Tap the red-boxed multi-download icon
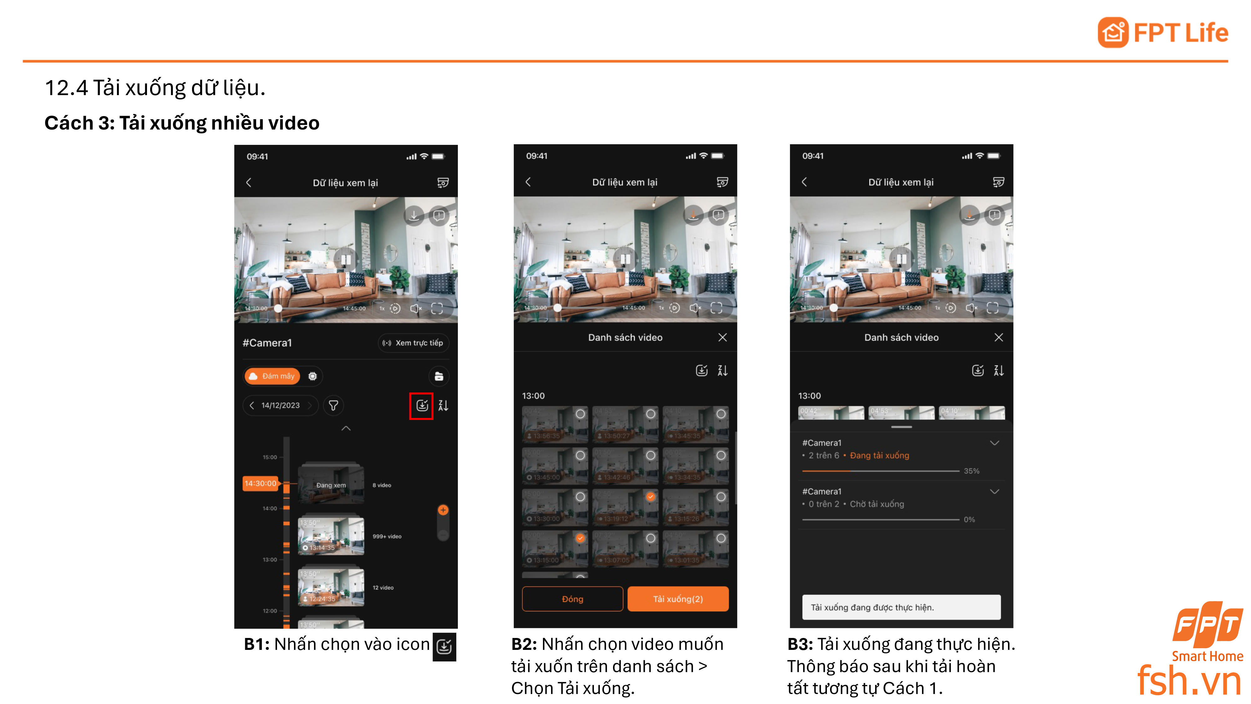[422, 405]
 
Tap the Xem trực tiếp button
[413, 343]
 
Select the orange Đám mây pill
[272, 376]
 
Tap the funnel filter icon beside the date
[333, 405]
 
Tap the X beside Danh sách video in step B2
[722, 337]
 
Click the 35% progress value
[971, 471]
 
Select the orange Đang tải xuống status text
[879, 455]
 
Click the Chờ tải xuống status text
[877, 504]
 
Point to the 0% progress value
[969, 519]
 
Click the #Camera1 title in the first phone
[267, 343]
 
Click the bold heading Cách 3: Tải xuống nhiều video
[182, 123]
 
